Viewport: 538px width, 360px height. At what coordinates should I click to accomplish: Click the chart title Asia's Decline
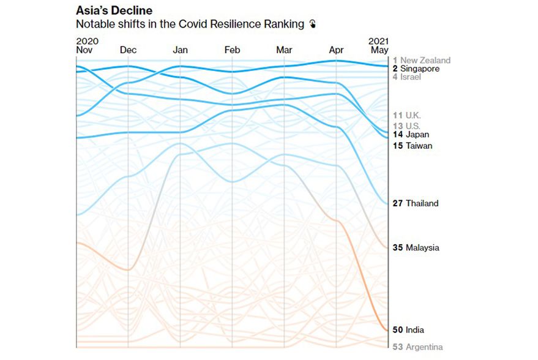(114, 11)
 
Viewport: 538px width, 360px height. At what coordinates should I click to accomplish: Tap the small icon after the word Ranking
(313, 24)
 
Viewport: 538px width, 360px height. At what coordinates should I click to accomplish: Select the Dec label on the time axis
(129, 50)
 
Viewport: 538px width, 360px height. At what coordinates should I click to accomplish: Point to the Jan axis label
(181, 50)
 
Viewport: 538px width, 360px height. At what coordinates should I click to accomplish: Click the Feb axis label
(233, 50)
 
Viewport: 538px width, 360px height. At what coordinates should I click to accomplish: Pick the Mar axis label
(284, 50)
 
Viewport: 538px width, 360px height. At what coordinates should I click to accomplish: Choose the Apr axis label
(336, 50)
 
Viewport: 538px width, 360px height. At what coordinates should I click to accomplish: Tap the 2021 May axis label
(378, 45)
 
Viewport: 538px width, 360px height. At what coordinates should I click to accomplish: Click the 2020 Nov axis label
(87, 45)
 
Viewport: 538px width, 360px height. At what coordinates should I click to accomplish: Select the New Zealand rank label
(425, 60)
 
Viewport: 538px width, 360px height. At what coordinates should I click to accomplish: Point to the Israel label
(411, 77)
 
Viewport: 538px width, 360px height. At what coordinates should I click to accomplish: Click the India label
(415, 330)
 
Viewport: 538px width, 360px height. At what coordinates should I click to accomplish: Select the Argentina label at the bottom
(424, 347)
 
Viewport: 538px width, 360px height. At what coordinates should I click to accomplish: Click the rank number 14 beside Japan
(398, 134)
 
